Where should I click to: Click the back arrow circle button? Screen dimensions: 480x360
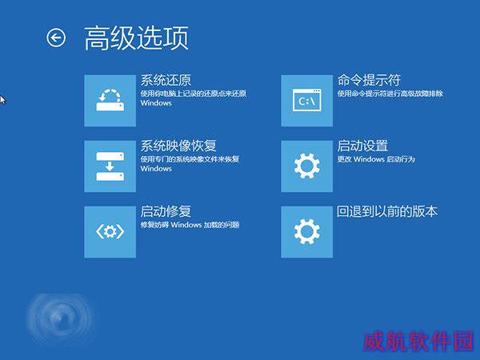[56, 38]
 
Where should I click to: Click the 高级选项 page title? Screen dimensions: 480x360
[136, 38]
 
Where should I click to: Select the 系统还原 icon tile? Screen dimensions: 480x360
[110, 101]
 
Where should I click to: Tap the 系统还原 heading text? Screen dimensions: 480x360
[166, 81]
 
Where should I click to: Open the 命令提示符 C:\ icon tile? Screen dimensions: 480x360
[307, 101]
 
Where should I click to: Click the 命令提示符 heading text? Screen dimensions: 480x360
[369, 80]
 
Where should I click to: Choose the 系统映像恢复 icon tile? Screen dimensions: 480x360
[110, 166]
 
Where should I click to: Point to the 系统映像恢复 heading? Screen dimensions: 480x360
[178, 146]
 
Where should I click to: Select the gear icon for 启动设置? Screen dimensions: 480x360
[307, 166]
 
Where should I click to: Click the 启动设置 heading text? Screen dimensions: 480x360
[362, 146]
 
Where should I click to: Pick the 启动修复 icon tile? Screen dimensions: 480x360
[110, 232]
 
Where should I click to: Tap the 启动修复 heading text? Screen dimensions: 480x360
[166, 211]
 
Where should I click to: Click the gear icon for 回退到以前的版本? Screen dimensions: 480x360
[307, 232]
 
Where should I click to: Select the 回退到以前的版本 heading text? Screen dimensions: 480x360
[387, 211]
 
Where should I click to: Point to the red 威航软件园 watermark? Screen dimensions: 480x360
[418, 341]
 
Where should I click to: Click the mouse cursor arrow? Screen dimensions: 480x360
[2, 100]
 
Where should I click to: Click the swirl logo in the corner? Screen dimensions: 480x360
[59, 318]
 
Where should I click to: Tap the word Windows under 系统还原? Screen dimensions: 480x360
[156, 103]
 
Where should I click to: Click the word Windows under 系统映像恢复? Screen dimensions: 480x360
[156, 169]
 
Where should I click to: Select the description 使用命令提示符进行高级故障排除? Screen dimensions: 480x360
[390, 94]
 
